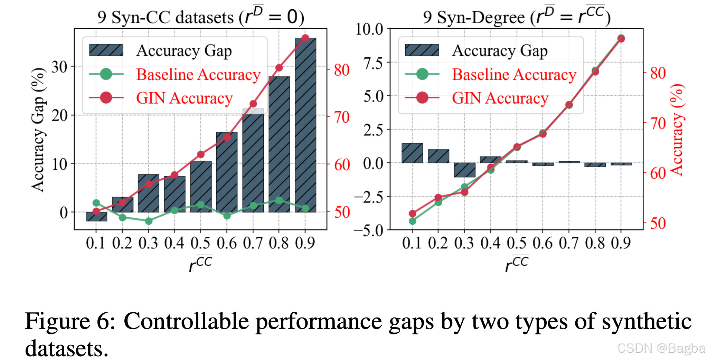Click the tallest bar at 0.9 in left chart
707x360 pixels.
point(305,125)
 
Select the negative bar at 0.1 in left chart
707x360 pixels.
point(96,217)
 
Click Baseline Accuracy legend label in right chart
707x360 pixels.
point(514,75)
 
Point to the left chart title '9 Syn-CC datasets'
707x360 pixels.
point(166,17)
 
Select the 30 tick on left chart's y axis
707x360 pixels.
point(59,67)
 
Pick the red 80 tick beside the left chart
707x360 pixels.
point(342,70)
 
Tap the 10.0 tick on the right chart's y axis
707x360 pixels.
point(369,29)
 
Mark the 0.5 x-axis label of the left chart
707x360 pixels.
point(200,243)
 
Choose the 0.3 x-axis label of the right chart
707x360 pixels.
point(464,243)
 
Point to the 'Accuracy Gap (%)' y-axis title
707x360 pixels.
point(38,130)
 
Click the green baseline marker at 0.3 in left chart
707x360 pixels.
point(149,221)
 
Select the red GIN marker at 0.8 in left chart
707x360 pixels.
point(279,68)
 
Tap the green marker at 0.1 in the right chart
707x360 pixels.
point(413,221)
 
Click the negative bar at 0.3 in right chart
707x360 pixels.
point(465,170)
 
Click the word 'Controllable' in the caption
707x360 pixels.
point(186,321)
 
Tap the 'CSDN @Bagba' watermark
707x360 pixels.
point(661,348)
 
